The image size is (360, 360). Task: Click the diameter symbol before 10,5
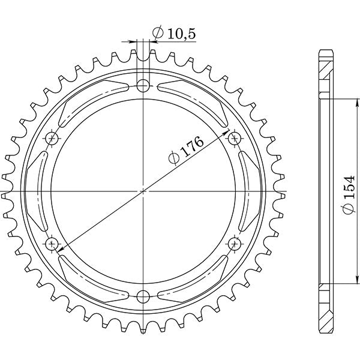158,35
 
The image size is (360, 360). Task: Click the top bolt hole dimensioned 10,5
143,86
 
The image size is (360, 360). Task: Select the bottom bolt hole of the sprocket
143,296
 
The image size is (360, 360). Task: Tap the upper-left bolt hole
52,139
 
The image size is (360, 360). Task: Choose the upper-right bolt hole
234,139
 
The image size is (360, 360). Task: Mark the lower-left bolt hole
52,244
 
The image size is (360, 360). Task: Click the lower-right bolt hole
234,244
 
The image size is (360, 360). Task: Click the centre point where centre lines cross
143,191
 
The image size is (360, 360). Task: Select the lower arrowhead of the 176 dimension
59,246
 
